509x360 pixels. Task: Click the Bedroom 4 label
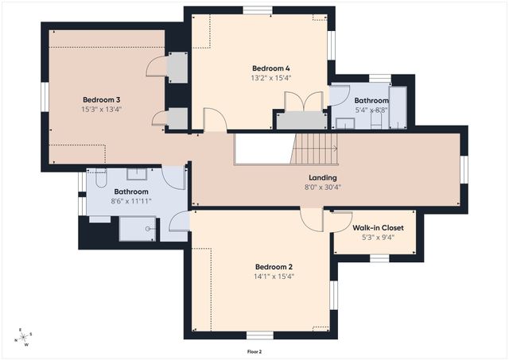[271, 68]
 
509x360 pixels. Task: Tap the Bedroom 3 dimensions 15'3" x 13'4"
[102, 110]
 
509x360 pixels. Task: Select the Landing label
[323, 178]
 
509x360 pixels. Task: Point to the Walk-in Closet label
[379, 227]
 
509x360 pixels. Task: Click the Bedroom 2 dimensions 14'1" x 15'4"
[274, 277]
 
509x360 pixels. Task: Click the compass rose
[24, 337]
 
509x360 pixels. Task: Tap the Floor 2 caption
[254, 351]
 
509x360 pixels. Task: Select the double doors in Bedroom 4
[304, 102]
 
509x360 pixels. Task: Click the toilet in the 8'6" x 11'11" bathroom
[101, 178]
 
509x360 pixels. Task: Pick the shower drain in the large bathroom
[148, 229]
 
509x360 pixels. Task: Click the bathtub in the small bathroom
[398, 107]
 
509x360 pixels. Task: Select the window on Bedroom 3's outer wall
[45, 97]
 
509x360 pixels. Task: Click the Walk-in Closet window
[380, 258]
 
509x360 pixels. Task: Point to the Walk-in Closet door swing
[341, 223]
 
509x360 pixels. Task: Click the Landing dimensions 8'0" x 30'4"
[323, 187]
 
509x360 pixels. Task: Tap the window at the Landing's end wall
[464, 170]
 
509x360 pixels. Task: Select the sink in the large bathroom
[137, 174]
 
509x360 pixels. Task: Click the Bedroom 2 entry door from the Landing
[312, 220]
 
